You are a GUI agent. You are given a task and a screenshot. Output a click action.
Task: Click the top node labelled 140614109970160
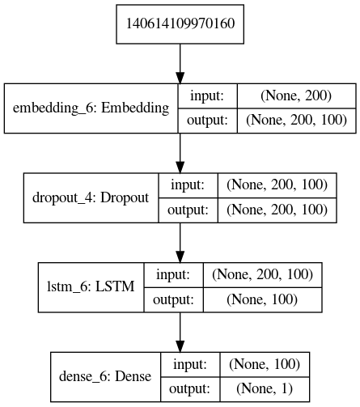click(x=180, y=21)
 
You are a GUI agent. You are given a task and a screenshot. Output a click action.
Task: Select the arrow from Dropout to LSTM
click(x=180, y=240)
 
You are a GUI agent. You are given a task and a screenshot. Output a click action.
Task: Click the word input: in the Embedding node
click(x=206, y=95)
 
